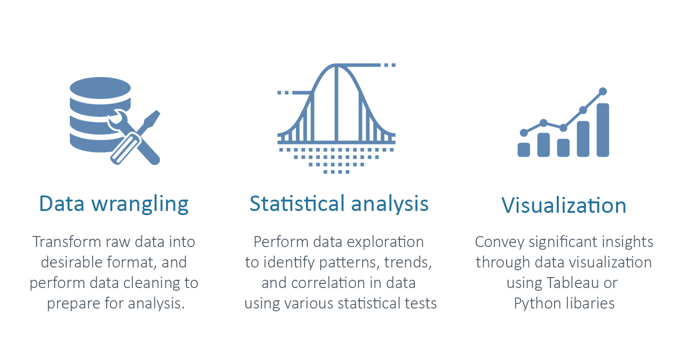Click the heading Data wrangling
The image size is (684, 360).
(114, 204)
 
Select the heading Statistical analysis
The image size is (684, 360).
(339, 204)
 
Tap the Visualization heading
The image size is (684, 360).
(564, 206)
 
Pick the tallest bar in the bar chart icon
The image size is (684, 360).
(603, 130)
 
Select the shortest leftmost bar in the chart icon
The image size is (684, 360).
(524, 149)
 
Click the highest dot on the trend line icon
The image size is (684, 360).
(603, 91)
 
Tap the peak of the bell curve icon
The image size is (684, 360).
(337, 66)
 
